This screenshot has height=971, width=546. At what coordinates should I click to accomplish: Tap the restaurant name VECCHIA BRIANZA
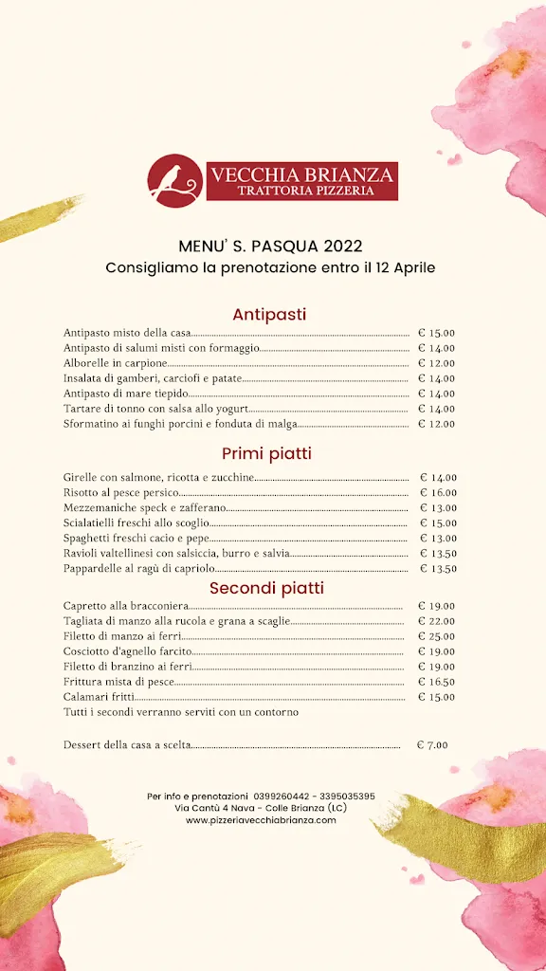tap(302, 174)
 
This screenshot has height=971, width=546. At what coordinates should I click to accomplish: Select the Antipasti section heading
tap(269, 314)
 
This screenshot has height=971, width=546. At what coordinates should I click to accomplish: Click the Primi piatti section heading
tap(266, 453)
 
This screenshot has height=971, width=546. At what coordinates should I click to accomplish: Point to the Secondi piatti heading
tap(266, 588)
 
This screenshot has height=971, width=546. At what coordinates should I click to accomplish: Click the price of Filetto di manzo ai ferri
tap(436, 636)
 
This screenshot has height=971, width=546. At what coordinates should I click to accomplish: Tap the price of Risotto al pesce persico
tap(438, 493)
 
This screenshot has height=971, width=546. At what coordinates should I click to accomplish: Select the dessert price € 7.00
tap(432, 745)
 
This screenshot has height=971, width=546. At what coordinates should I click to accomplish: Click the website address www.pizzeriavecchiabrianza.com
tap(261, 820)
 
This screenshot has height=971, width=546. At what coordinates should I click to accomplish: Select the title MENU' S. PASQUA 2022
tap(270, 247)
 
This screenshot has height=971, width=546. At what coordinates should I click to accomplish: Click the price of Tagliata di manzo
tap(436, 621)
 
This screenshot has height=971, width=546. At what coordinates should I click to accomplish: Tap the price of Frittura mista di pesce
tap(436, 682)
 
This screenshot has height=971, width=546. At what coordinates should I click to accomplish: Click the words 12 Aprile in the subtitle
tap(405, 267)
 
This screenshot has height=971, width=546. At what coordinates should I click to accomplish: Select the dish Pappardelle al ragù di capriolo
tap(138, 569)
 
